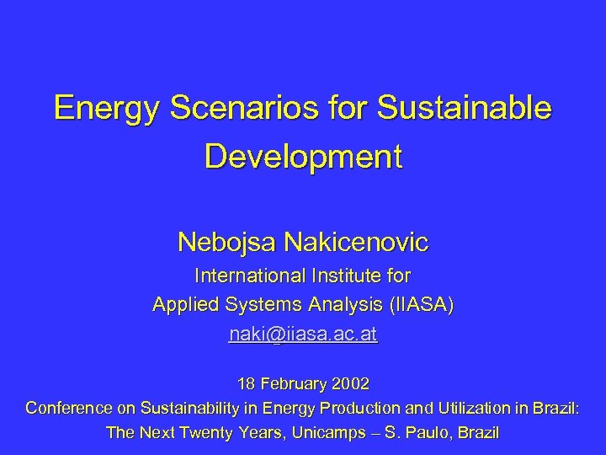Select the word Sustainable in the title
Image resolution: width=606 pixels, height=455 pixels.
click(x=468, y=109)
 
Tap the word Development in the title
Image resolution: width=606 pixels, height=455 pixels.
click(x=303, y=158)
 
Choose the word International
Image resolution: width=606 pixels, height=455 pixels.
click(x=249, y=276)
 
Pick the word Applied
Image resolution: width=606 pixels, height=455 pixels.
click(x=182, y=305)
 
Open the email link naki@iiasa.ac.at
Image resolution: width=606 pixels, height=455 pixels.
click(x=303, y=335)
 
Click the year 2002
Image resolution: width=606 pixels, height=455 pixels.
click(x=350, y=383)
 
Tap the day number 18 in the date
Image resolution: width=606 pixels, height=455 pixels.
click(x=247, y=383)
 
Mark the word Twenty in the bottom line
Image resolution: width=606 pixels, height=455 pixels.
click(x=221, y=434)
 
